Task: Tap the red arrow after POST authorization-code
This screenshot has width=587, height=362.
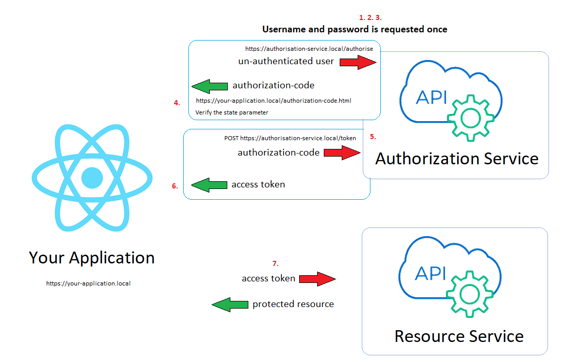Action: click(342, 153)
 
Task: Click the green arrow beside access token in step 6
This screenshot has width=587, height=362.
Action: click(209, 185)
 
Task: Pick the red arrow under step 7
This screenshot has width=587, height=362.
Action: click(317, 279)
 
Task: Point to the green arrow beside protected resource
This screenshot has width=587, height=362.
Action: click(230, 304)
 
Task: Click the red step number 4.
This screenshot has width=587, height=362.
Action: click(177, 103)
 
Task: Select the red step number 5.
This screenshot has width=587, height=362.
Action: click(373, 137)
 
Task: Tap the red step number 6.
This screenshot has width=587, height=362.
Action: click(175, 186)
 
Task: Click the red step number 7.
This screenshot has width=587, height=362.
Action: click(275, 264)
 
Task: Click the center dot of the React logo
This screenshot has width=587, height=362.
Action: click(92, 177)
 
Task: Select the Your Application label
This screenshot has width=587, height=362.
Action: click(92, 257)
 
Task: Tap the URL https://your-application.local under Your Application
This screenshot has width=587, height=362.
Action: click(88, 283)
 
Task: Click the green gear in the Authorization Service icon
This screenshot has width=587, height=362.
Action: click(471, 118)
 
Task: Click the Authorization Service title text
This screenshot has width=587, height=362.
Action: click(457, 158)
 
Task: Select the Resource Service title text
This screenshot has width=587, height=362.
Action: click(459, 336)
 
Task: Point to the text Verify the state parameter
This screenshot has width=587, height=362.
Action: click(232, 112)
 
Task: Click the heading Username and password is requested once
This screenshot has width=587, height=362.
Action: click(355, 29)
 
